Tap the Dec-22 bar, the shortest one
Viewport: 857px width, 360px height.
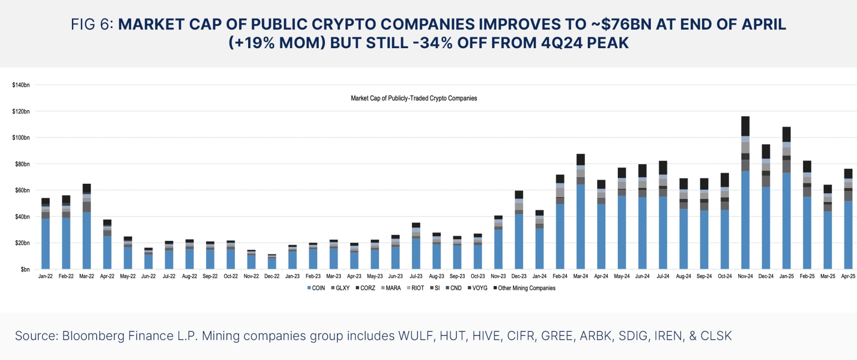click(x=272, y=262)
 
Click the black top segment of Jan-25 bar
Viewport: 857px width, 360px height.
click(x=786, y=134)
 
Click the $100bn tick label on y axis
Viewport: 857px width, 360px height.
click(x=21, y=137)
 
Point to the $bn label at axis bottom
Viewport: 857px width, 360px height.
click(x=25, y=269)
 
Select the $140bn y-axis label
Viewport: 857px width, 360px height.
click(x=21, y=85)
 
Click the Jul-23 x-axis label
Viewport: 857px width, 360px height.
click(x=416, y=276)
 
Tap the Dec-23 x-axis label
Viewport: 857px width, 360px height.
click(x=519, y=276)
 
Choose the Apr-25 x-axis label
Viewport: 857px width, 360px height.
click(x=848, y=276)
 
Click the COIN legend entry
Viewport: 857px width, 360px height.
click(x=316, y=288)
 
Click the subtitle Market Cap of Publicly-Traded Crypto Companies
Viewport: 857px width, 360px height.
click(x=414, y=98)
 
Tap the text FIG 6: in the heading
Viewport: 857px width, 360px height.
click(x=92, y=24)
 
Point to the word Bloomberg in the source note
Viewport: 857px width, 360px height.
click(x=93, y=336)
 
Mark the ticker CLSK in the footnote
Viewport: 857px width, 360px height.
click(x=716, y=336)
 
